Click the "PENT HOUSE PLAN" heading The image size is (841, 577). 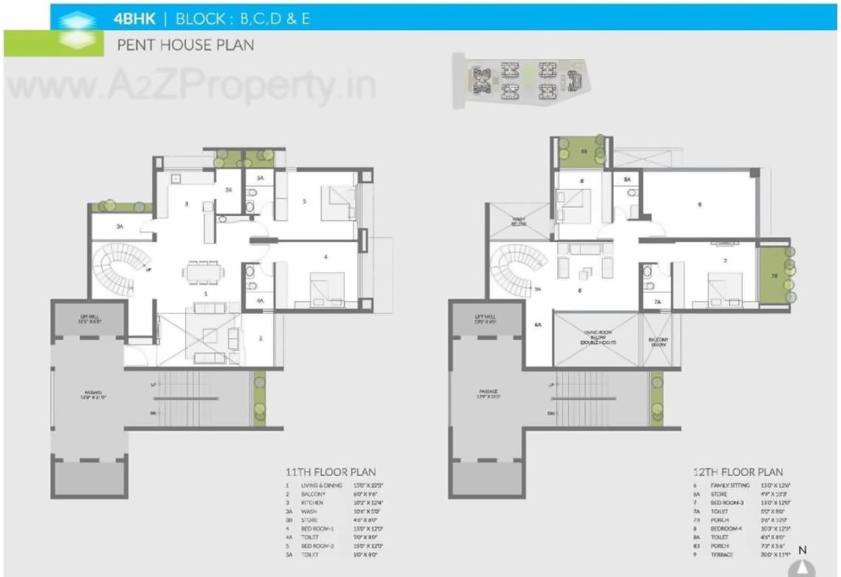185,45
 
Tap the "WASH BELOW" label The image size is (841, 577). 519,221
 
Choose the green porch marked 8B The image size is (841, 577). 581,152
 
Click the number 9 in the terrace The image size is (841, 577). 699,204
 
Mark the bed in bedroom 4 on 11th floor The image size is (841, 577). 328,286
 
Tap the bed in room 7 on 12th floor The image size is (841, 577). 727,288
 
